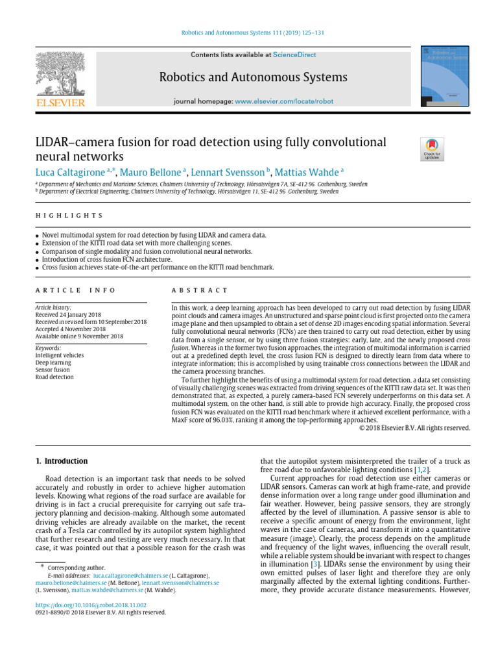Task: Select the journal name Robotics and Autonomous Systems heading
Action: [x=253, y=78]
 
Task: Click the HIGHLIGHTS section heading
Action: [x=68, y=216]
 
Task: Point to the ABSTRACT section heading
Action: [x=199, y=290]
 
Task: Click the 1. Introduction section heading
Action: [x=61, y=461]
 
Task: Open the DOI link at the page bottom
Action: [x=86, y=604]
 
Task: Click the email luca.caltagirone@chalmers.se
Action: [x=131, y=575]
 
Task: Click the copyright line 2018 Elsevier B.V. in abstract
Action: [x=414, y=428]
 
